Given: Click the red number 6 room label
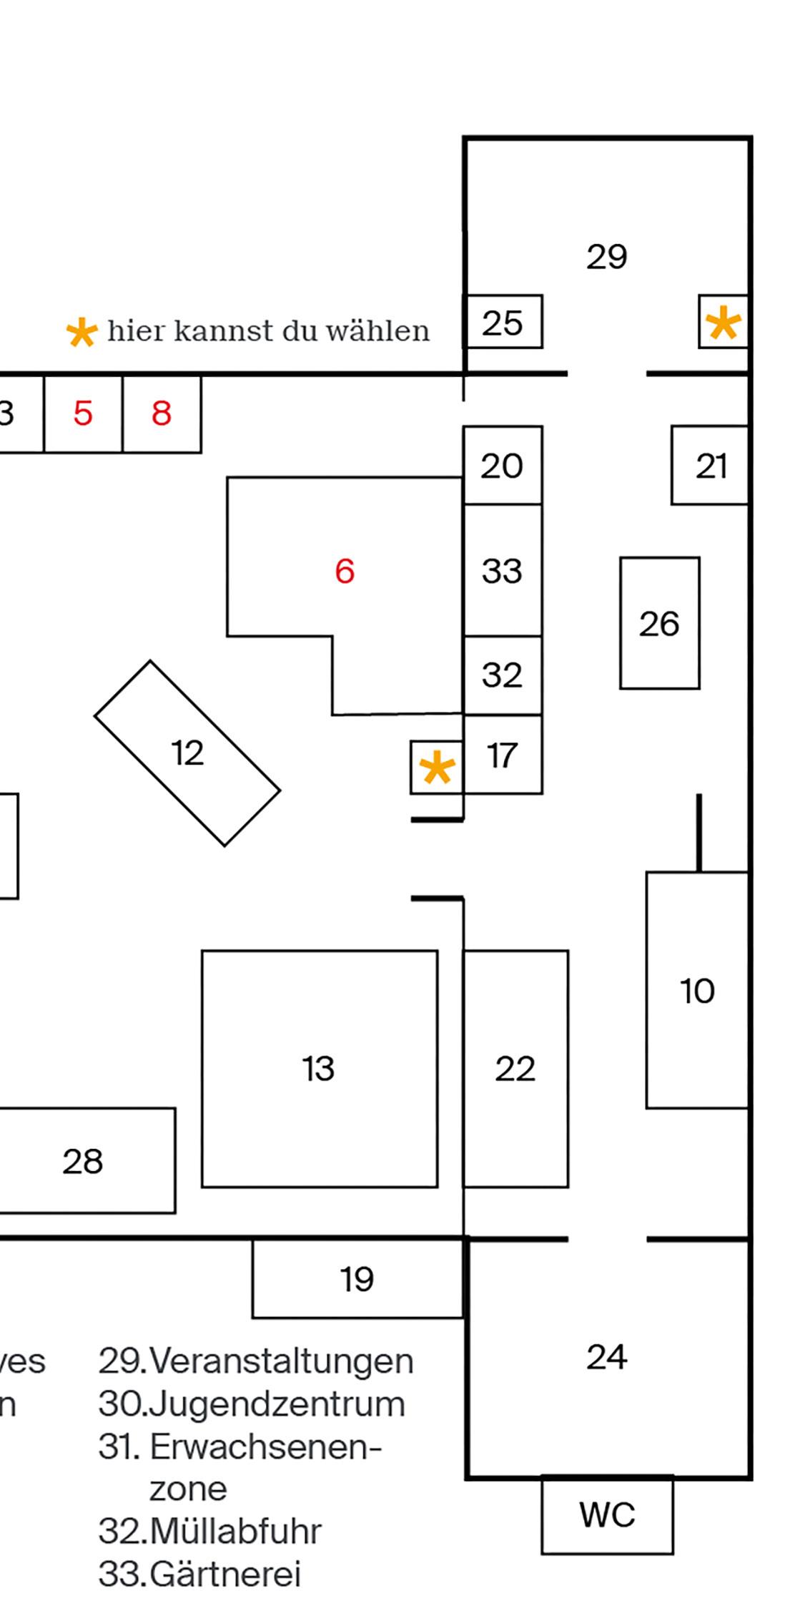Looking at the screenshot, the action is (x=345, y=571).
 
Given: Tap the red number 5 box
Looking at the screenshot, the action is (x=83, y=413).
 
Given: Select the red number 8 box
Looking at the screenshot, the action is (x=162, y=413).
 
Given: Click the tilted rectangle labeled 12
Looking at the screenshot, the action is (x=187, y=753).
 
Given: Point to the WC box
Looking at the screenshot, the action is (x=607, y=1514).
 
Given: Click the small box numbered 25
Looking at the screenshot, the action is (x=503, y=323).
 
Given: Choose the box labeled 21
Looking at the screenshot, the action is (x=711, y=466).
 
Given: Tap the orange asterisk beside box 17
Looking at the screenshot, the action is (x=437, y=769).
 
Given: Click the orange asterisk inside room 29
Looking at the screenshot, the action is (x=723, y=323).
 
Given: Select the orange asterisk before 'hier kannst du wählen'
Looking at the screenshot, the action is (x=82, y=333).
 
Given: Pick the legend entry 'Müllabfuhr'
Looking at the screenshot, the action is (x=236, y=1531).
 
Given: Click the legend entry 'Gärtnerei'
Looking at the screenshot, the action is (x=225, y=1574).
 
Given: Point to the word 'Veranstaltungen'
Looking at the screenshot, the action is (x=282, y=1361).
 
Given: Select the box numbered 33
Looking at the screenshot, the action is (x=503, y=571).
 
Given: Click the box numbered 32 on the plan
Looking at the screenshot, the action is (x=503, y=675).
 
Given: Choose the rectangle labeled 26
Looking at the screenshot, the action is (x=659, y=624).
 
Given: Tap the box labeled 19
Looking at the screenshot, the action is (x=357, y=1279).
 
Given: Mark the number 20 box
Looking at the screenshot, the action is (x=503, y=466).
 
